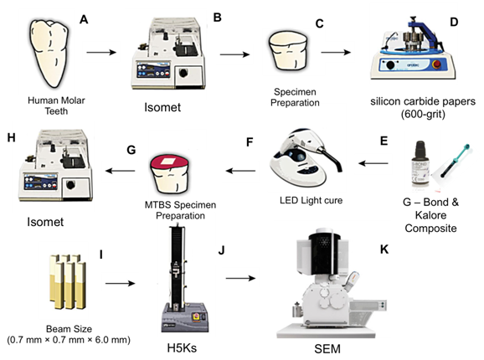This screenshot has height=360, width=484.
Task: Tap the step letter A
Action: tap(84, 19)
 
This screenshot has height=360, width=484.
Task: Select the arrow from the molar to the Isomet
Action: tap(101, 52)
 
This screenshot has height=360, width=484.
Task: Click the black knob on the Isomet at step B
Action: tap(183, 74)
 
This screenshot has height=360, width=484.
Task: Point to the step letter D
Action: tap(454, 22)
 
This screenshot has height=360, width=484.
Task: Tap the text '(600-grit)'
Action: tap(423, 115)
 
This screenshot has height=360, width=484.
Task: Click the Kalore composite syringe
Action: tap(455, 161)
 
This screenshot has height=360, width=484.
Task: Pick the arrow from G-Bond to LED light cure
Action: tap(373, 163)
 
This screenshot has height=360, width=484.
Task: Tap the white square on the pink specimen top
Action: tap(169, 161)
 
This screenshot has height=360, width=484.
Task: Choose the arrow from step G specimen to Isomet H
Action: tap(121, 171)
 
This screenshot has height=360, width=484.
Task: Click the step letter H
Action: tap(12, 137)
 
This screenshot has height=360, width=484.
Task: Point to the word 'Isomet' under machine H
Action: tap(45, 222)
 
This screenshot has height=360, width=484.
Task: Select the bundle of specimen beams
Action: tap(68, 281)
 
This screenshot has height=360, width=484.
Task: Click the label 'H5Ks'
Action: tap(182, 348)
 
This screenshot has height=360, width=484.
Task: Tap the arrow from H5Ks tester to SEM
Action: tap(240, 278)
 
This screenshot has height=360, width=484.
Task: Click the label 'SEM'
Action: tap(327, 349)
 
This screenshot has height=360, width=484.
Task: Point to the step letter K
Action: tap(384, 249)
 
